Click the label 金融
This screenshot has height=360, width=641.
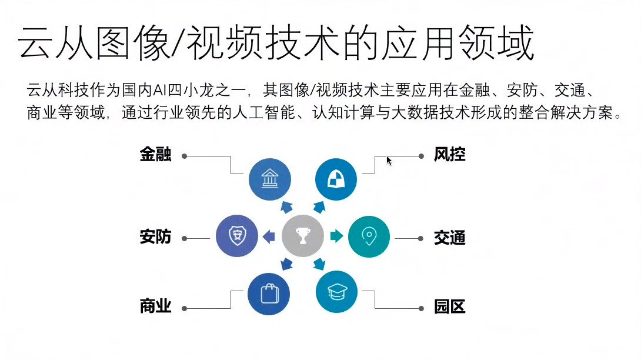coord(155,155)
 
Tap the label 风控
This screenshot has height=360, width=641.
coord(450,155)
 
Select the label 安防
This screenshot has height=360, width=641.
coord(155,237)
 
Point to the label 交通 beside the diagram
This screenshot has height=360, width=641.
coord(450,238)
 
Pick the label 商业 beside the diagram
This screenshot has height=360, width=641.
coord(155,306)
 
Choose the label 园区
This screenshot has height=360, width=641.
coord(450,306)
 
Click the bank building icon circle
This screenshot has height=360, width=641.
coord(270,179)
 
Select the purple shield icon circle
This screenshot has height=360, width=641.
coord(238,236)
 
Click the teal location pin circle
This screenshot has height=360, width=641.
coord(369,236)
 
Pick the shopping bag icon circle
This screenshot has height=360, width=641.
coord(269,293)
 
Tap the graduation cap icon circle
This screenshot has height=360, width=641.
coord(336,292)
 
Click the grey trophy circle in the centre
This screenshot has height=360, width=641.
coord(303,236)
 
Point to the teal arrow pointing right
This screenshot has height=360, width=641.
coord(336,236)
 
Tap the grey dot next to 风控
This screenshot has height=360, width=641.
coord(421,156)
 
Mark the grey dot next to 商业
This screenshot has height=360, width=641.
coord(184,308)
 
